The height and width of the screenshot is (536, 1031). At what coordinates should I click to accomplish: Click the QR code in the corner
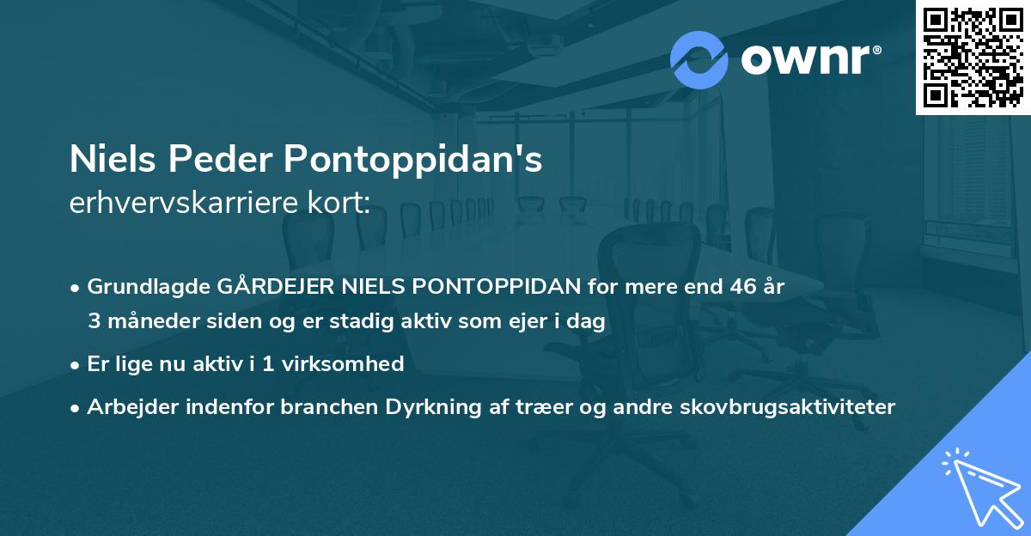point(972,57)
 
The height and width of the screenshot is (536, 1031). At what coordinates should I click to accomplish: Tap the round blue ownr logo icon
point(699,60)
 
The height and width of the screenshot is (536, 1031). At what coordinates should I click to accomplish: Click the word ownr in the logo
point(807,60)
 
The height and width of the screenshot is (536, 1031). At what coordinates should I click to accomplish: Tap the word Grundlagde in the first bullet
point(140,287)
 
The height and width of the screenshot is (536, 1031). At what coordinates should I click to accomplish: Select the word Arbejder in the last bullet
point(126,406)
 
